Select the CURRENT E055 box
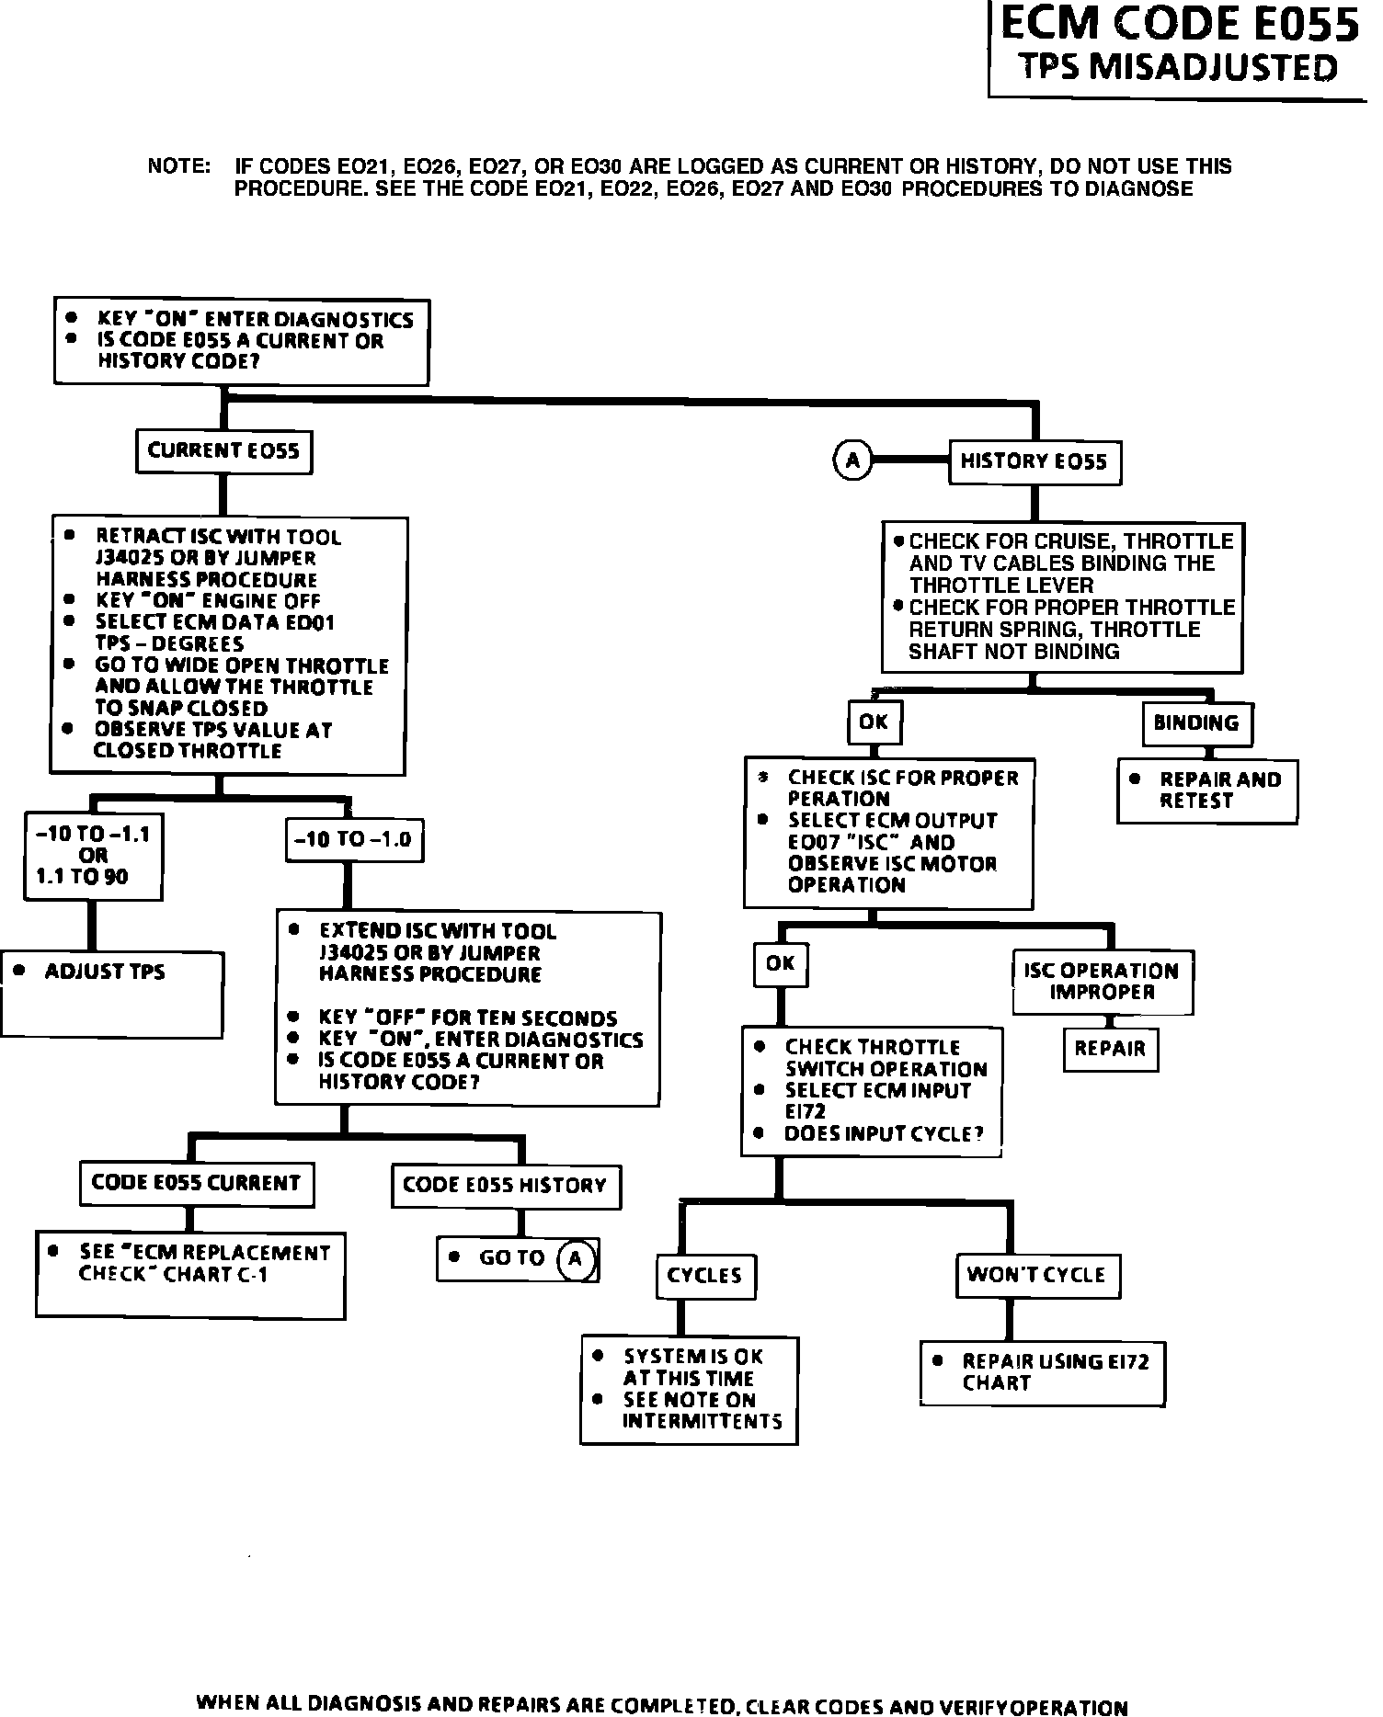[223, 451]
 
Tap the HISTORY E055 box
[1034, 461]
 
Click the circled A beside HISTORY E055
[852, 460]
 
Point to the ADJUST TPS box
[112, 995]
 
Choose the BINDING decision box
[1196, 723]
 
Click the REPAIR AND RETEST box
[1207, 790]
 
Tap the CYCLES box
[704, 1276]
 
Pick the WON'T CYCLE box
[1036, 1275]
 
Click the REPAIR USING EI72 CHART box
[1042, 1373]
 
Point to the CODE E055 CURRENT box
[196, 1184]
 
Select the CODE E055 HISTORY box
[505, 1186]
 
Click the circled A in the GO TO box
[576, 1258]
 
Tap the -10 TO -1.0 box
[353, 839]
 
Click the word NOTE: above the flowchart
[179, 167]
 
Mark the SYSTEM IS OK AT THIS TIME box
[689, 1390]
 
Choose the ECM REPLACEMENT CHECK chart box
[190, 1275]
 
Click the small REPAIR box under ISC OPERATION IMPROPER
[1110, 1049]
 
